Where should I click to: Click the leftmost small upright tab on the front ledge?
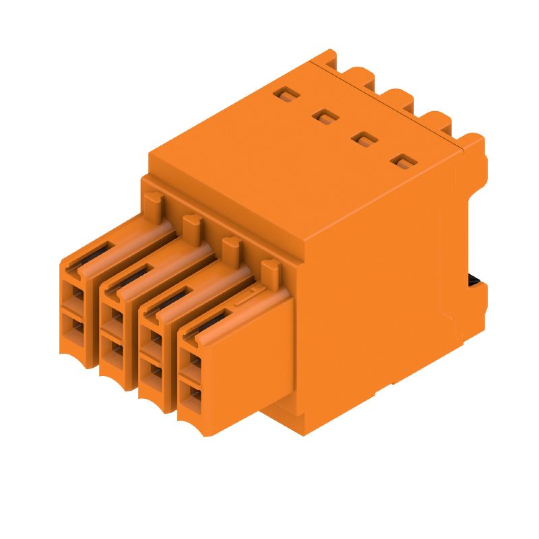pos(153,200)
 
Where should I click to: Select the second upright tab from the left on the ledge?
pos(191,224)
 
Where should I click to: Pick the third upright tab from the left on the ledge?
pos(231,247)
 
